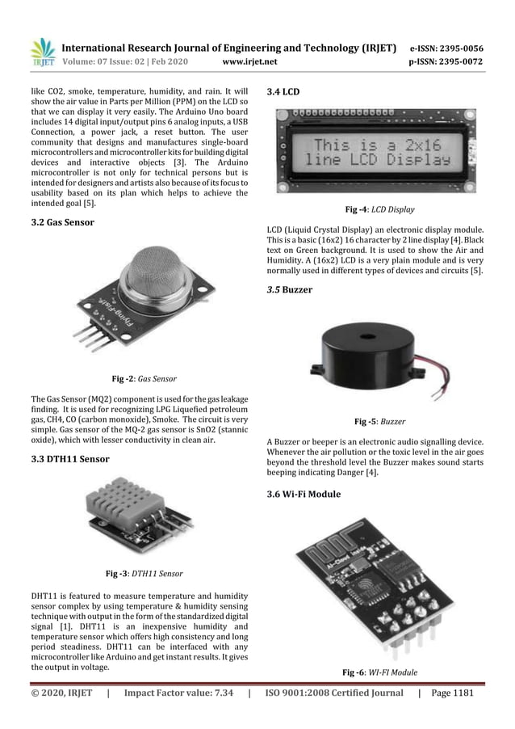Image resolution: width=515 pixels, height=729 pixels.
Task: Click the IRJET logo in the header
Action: click(x=43, y=51)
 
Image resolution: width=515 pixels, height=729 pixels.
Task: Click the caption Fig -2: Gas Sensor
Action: click(x=144, y=378)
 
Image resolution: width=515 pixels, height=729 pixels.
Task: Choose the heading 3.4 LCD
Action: click(x=283, y=91)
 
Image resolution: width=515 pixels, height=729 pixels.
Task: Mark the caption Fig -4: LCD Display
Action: click(x=379, y=210)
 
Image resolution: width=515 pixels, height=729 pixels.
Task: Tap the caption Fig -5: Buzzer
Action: click(x=379, y=421)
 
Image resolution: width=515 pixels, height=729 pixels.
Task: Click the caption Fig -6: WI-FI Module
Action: click(x=379, y=672)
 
